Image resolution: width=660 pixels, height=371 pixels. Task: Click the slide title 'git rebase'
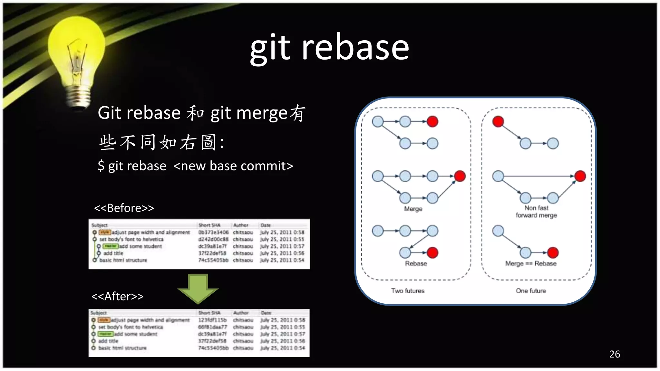(x=329, y=48)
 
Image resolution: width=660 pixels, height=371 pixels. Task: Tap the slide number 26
(x=614, y=354)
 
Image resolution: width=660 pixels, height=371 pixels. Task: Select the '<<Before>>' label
(x=124, y=208)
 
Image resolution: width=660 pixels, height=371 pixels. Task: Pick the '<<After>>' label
(x=117, y=296)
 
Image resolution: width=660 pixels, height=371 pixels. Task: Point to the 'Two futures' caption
(x=408, y=291)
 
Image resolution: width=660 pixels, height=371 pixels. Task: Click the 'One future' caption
(x=531, y=291)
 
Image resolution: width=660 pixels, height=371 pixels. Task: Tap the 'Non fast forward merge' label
(x=536, y=212)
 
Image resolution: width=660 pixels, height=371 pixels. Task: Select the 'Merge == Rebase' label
(x=531, y=263)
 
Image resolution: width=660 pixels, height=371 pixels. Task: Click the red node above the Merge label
(x=460, y=176)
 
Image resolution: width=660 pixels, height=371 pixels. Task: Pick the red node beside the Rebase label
(x=432, y=253)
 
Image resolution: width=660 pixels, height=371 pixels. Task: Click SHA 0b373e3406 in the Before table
(x=213, y=232)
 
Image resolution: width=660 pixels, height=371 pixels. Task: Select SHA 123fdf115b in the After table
(x=212, y=320)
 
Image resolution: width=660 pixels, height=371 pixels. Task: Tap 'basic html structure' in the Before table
(x=123, y=260)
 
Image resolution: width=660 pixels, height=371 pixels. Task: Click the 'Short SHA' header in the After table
(x=209, y=313)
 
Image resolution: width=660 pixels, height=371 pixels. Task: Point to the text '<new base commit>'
(x=233, y=166)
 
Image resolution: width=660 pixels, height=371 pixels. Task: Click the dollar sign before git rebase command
(x=101, y=166)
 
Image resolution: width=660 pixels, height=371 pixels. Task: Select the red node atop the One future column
(x=498, y=121)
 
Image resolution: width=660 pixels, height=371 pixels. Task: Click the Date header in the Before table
(x=266, y=225)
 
